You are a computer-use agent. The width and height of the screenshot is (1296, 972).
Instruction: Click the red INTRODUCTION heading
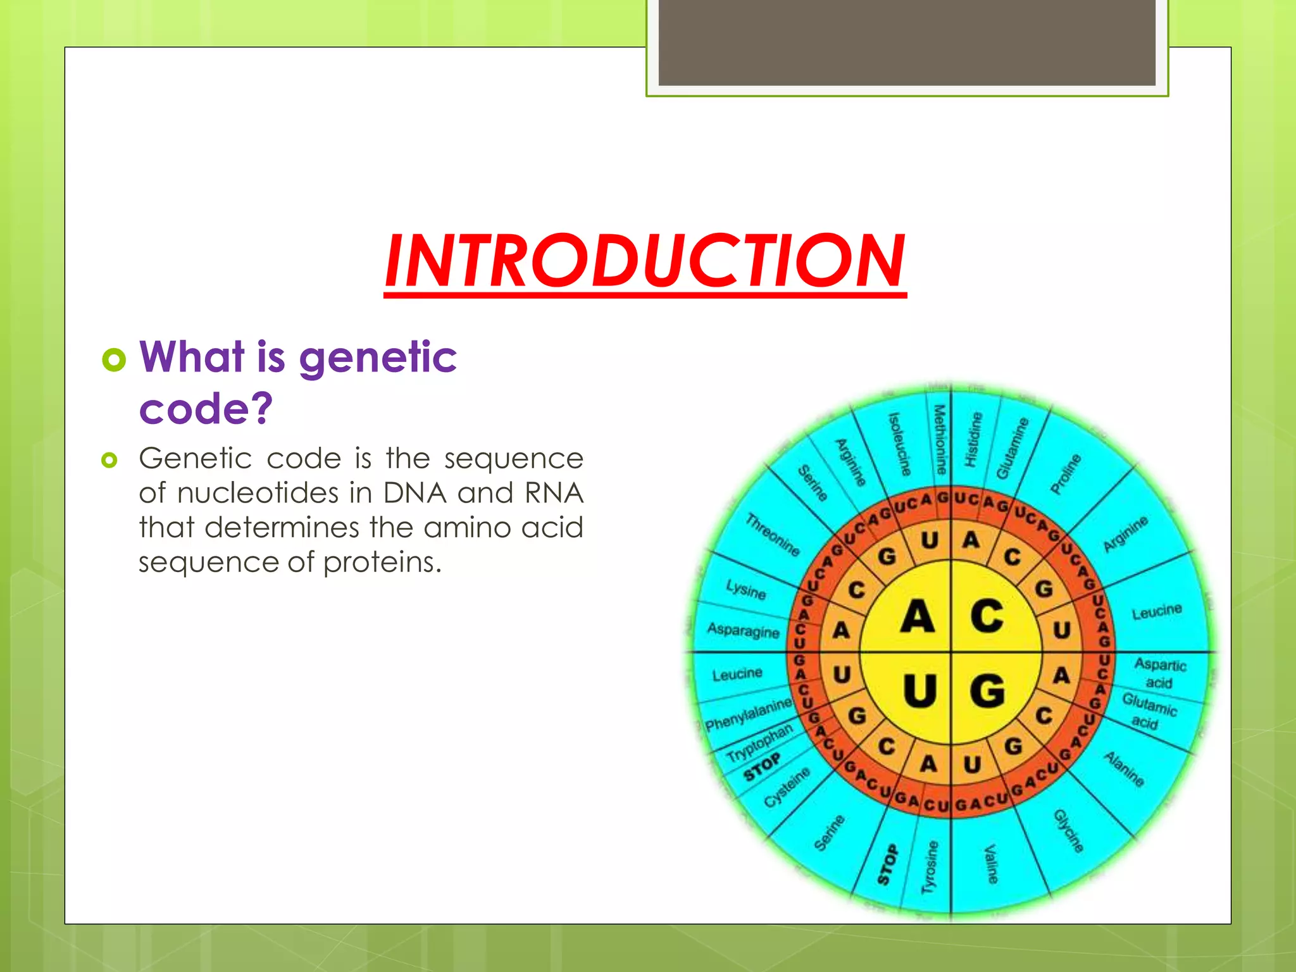click(645, 260)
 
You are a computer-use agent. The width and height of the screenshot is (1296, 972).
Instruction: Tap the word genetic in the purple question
click(377, 358)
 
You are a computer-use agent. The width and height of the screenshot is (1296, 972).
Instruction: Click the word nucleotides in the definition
click(258, 493)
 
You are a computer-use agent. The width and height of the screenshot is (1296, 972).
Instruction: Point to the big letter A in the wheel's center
click(917, 616)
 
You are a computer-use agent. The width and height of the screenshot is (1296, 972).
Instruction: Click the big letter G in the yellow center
click(987, 690)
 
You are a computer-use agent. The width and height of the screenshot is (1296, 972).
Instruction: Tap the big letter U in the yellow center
click(919, 690)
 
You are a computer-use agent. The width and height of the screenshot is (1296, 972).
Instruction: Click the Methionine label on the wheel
click(940, 440)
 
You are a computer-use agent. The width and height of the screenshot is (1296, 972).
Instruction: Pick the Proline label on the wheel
click(1066, 473)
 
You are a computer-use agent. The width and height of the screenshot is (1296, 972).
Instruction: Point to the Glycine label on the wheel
click(1068, 831)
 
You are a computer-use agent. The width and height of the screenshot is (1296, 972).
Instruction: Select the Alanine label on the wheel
click(1124, 769)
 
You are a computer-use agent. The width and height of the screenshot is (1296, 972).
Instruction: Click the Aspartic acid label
click(1159, 673)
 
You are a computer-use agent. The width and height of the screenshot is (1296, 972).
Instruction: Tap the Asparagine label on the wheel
click(743, 630)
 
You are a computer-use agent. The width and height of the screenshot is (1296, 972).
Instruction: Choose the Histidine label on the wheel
click(973, 439)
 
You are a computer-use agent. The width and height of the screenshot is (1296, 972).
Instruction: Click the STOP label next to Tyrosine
click(888, 864)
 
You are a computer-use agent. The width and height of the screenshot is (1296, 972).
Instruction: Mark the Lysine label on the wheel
click(745, 590)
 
